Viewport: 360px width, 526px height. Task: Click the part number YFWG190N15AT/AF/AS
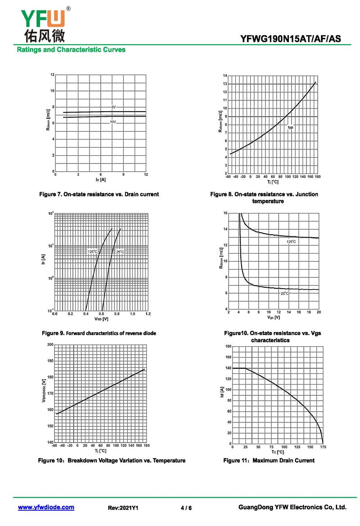pyautogui.click(x=290, y=39)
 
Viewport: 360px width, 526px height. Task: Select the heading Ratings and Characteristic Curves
pyautogui.click(x=71, y=50)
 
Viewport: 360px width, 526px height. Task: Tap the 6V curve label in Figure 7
pyautogui.click(x=114, y=107)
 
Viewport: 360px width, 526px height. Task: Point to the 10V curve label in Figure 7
pyautogui.click(x=113, y=122)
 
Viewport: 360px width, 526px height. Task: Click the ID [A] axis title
pyautogui.click(x=100, y=180)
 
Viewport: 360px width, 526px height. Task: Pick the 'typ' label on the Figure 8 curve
pyautogui.click(x=291, y=127)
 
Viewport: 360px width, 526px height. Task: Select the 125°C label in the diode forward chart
pyautogui.click(x=92, y=251)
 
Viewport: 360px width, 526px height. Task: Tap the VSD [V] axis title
pyautogui.click(x=101, y=319)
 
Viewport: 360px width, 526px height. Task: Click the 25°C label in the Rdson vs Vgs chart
pyautogui.click(x=284, y=294)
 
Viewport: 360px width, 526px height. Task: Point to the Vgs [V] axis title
pyautogui.click(x=274, y=317)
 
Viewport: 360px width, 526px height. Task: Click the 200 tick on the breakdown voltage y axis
pyautogui.click(x=49, y=345)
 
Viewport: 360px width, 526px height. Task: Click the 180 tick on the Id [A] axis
pyautogui.click(x=228, y=346)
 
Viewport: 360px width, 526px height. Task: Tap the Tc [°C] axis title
pyautogui.click(x=278, y=452)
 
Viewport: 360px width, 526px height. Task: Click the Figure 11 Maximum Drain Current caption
pyautogui.click(x=269, y=460)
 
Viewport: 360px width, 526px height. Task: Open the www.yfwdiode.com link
pyautogui.click(x=46, y=508)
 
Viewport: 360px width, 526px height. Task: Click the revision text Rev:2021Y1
pyautogui.click(x=123, y=508)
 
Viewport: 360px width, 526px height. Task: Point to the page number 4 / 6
pyautogui.click(x=186, y=508)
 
